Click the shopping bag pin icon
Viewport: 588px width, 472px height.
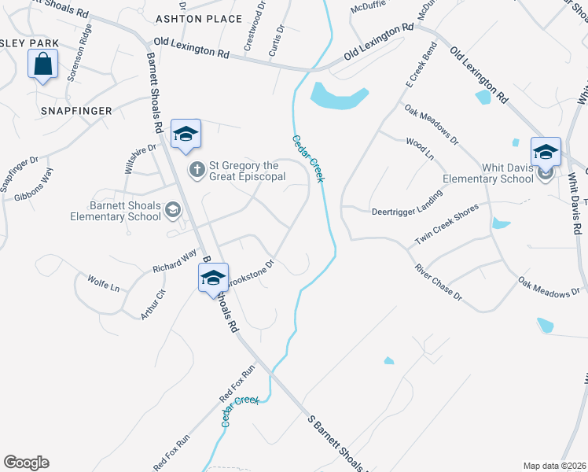click(43, 64)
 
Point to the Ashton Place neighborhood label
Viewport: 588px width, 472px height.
click(199, 18)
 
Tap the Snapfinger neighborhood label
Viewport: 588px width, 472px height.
click(77, 111)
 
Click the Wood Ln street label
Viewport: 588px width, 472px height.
click(419, 149)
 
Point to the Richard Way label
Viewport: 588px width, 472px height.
click(175, 262)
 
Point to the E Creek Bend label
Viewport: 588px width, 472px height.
click(421, 65)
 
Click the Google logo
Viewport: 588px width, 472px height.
click(26, 463)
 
